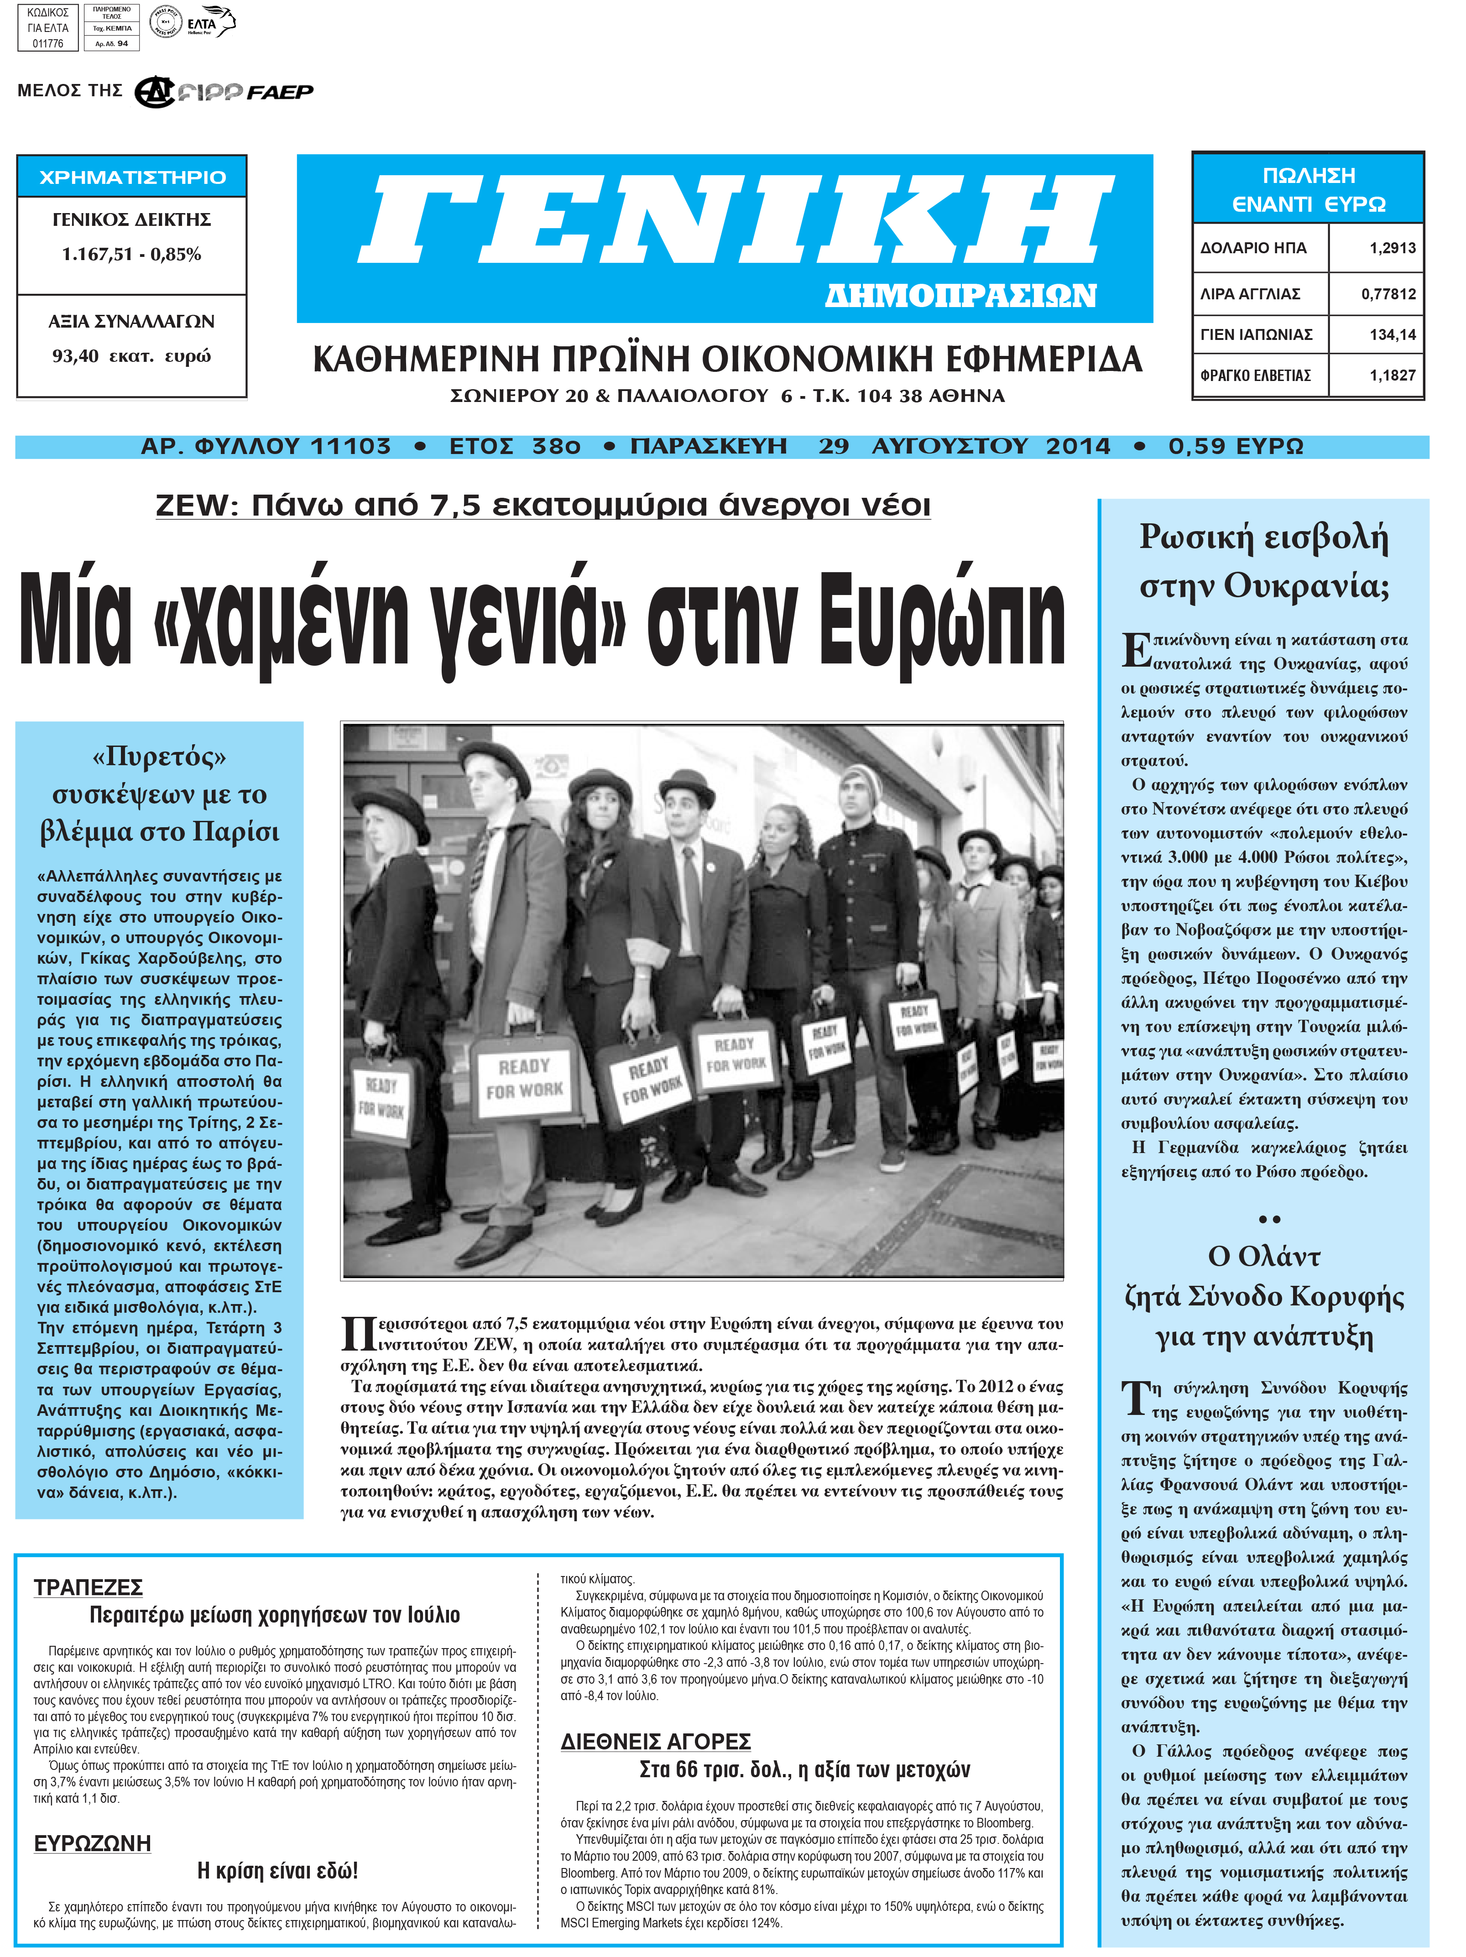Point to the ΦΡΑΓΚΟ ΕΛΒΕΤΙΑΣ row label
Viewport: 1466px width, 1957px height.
(1255, 375)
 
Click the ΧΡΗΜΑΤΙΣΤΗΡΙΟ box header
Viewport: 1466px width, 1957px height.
(132, 177)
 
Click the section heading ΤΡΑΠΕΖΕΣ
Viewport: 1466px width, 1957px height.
(88, 1587)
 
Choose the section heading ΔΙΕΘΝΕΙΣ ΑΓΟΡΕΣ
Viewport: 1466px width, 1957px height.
(656, 1741)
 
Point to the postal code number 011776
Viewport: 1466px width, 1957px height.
(48, 43)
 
